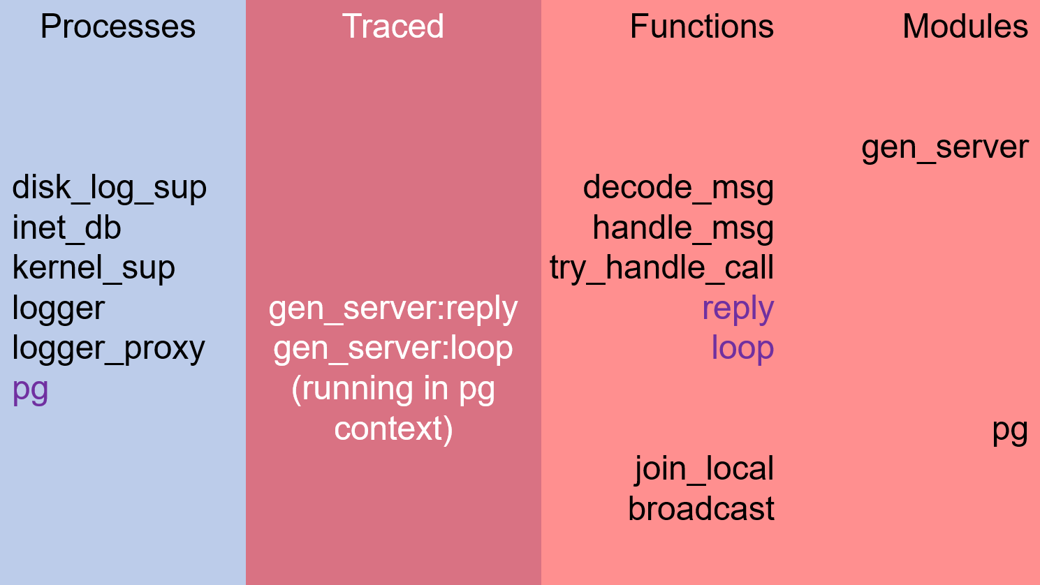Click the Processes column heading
pos(118,26)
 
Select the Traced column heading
pos(393,26)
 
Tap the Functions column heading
pos(701,26)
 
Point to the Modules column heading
pos(965,26)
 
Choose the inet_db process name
pos(66,228)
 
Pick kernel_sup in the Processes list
pos(94,269)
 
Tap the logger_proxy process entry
pos(108,349)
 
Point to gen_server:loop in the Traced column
pos(393,349)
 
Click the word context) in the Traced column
pos(393,429)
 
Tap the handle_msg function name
pos(683,228)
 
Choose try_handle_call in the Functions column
pos(661,269)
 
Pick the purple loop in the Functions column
pos(742,348)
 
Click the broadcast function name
pos(701,509)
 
